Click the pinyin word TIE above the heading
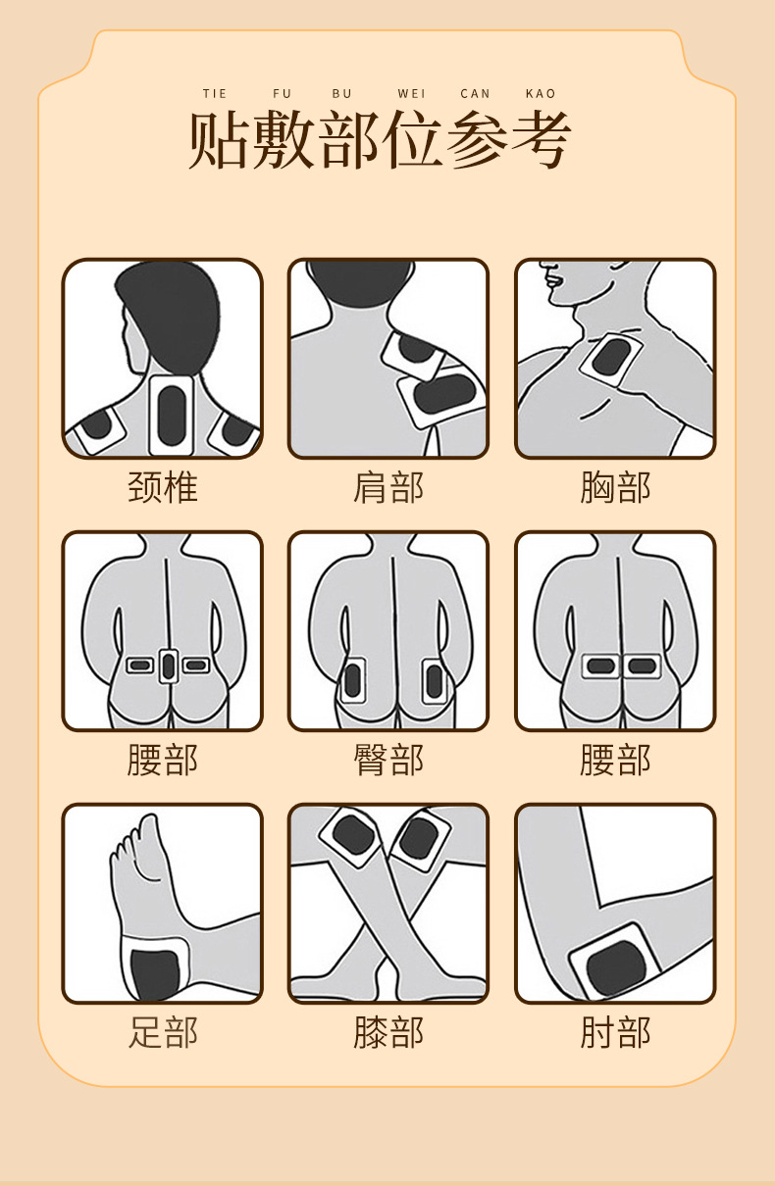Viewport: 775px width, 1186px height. coord(215,94)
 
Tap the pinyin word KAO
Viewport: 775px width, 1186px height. coord(541,94)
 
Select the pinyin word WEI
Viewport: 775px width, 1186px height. coord(411,94)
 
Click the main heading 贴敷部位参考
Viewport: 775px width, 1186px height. coord(380,140)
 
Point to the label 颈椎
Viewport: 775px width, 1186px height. coord(163,486)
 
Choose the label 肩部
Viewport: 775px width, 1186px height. coord(388,486)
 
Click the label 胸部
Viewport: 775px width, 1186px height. coord(615,486)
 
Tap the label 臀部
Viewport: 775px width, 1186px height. coord(388,760)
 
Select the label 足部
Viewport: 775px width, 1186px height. coord(163,1032)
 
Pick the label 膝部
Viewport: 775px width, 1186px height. coord(388,1032)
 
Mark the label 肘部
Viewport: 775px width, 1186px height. coord(615,1032)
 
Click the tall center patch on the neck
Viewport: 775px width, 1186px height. coord(172,415)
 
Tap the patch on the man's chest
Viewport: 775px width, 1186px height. coord(611,359)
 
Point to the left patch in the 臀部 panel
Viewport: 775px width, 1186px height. coord(352,680)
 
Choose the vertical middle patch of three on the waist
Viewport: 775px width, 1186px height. coord(169,667)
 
